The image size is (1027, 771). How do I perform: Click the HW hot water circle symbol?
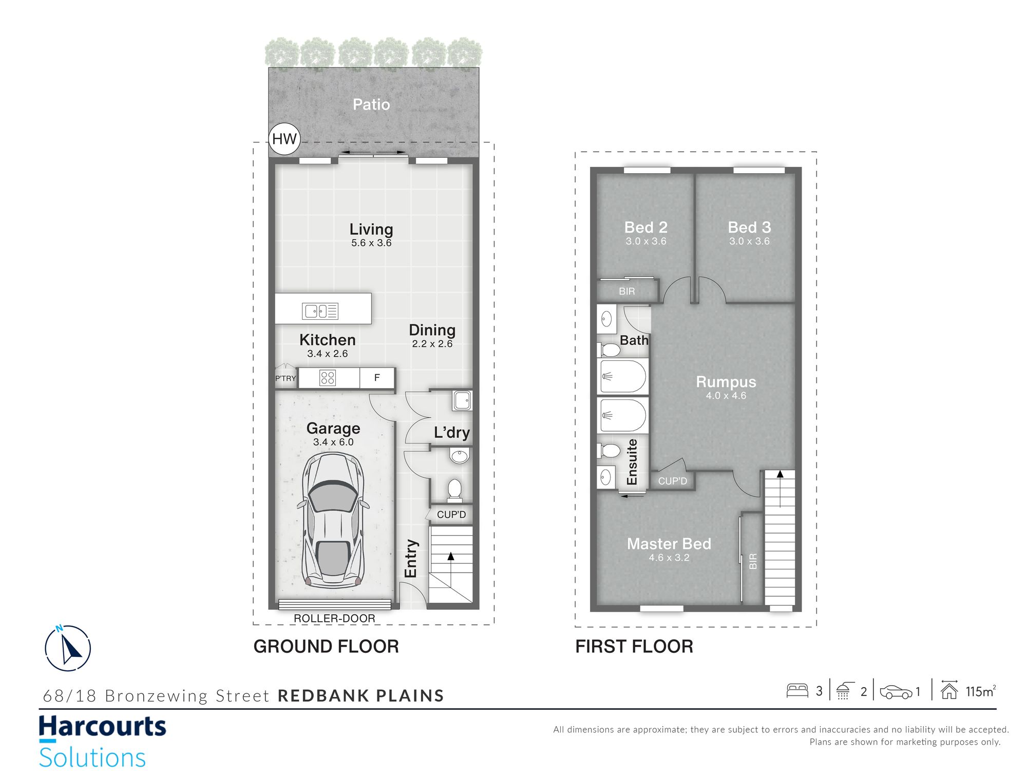coord(284,139)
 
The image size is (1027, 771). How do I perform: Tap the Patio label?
coord(371,104)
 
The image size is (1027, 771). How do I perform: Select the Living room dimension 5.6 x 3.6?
coord(371,243)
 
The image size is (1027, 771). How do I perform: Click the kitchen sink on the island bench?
coord(320,310)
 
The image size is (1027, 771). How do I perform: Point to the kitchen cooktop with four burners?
coord(328,378)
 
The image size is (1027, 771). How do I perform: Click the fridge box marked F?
coord(377,378)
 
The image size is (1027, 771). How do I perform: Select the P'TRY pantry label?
coord(286,378)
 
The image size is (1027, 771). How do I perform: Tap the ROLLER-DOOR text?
coord(334,618)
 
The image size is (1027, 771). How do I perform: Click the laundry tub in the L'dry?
coord(462,400)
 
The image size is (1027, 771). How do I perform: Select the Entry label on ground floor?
coord(411,558)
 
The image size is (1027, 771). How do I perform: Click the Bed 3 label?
coord(749,227)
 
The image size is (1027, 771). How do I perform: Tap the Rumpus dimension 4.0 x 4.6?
coord(726,396)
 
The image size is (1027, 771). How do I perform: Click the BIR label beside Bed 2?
coord(627,291)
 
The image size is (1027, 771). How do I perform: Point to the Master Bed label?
coord(669,544)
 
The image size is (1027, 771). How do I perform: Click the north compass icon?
coord(68,648)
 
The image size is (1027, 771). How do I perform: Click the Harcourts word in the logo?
coord(103,727)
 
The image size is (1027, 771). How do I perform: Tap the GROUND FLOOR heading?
coord(326,647)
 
